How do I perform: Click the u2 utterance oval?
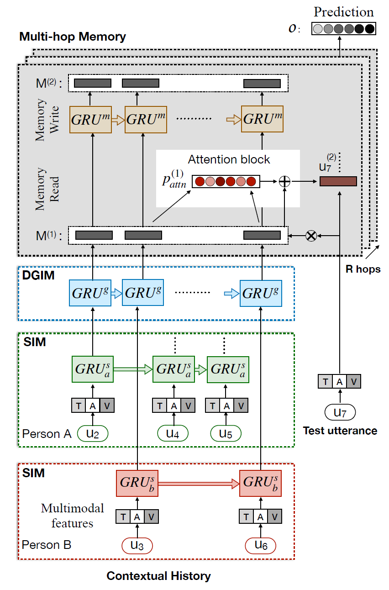point(93,433)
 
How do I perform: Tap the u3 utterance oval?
point(137,545)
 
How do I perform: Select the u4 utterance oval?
point(173,433)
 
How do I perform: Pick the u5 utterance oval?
point(226,433)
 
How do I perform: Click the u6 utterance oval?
point(261,545)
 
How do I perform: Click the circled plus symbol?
point(284,181)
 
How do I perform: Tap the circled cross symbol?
point(311,236)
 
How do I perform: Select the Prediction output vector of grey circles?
point(343,29)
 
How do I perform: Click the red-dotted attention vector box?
point(226,182)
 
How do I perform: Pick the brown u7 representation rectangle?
point(338,181)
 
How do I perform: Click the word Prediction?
point(343,12)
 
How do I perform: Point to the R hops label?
point(363,269)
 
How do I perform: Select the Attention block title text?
point(229,160)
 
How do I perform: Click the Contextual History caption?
point(158,576)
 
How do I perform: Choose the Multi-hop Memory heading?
point(73,37)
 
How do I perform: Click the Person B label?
point(47,545)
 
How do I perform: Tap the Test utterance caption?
point(340,431)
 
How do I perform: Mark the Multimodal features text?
point(73,516)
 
